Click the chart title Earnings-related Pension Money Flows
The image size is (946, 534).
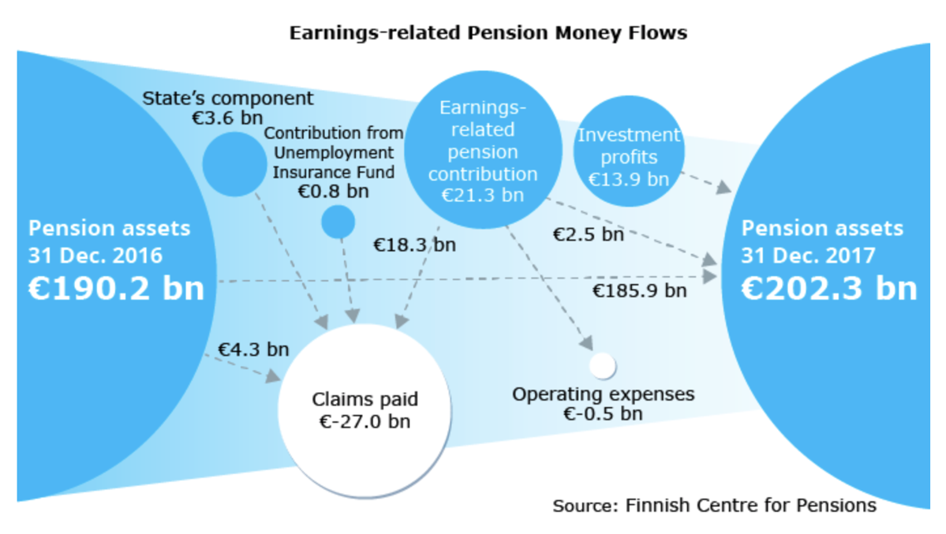[x=488, y=33]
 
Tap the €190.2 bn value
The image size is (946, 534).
[x=116, y=289]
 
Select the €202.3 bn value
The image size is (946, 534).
[x=829, y=289]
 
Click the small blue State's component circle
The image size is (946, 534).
[x=234, y=164]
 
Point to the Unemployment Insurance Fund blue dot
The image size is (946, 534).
[x=338, y=222]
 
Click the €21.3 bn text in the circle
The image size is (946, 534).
[x=482, y=194]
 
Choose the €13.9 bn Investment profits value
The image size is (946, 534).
[x=628, y=179]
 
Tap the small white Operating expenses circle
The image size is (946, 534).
[x=603, y=365]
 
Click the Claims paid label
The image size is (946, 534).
[x=365, y=399]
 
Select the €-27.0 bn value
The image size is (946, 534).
[x=365, y=421]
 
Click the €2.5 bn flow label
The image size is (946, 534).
[x=588, y=234]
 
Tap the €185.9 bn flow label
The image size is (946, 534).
[x=640, y=291]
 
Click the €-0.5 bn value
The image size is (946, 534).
[x=603, y=413]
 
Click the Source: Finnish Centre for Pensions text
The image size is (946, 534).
[x=714, y=505]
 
